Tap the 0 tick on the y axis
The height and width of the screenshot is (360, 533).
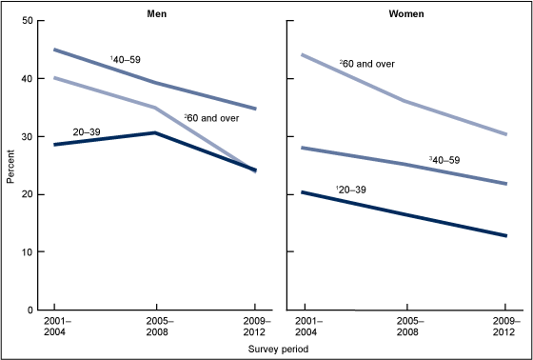(30, 310)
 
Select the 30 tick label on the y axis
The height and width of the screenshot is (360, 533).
(28, 136)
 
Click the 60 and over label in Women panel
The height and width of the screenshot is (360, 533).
(379, 64)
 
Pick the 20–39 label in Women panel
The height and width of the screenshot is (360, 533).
(352, 190)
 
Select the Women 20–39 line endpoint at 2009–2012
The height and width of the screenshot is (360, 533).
(506, 235)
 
